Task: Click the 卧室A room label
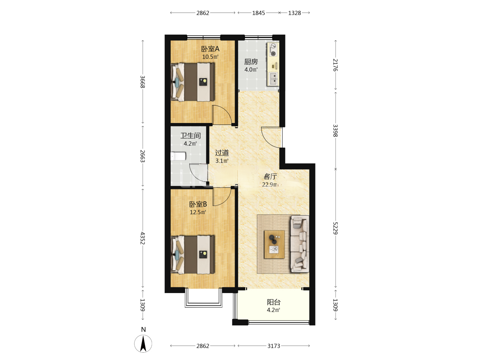point(210,49)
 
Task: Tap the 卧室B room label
point(198,204)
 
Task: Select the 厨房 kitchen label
point(251,62)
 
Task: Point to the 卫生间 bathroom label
point(190,136)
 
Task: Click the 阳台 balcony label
point(274,302)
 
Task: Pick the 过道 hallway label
point(222,153)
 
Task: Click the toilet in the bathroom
point(178,156)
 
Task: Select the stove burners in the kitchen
point(273,50)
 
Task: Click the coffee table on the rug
point(274,244)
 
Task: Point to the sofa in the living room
point(300,244)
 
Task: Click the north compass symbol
point(143,343)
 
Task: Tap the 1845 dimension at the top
point(258,13)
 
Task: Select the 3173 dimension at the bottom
point(274,346)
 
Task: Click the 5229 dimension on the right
point(335,228)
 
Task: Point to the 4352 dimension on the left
point(143,238)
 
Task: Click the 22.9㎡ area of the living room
point(271,184)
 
